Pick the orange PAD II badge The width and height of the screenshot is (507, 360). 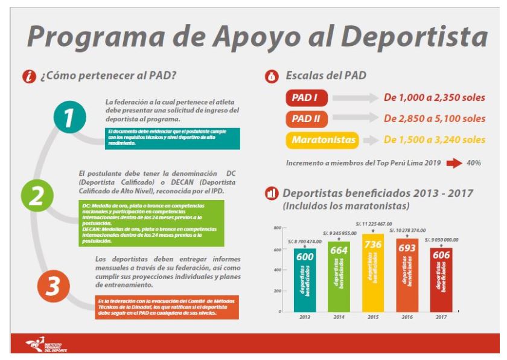307,118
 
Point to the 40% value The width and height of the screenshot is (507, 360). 473,163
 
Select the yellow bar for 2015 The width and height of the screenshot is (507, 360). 372,272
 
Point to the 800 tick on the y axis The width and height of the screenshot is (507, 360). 277,228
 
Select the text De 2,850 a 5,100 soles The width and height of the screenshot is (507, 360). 435,118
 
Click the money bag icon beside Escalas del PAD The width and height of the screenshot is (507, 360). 272,76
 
